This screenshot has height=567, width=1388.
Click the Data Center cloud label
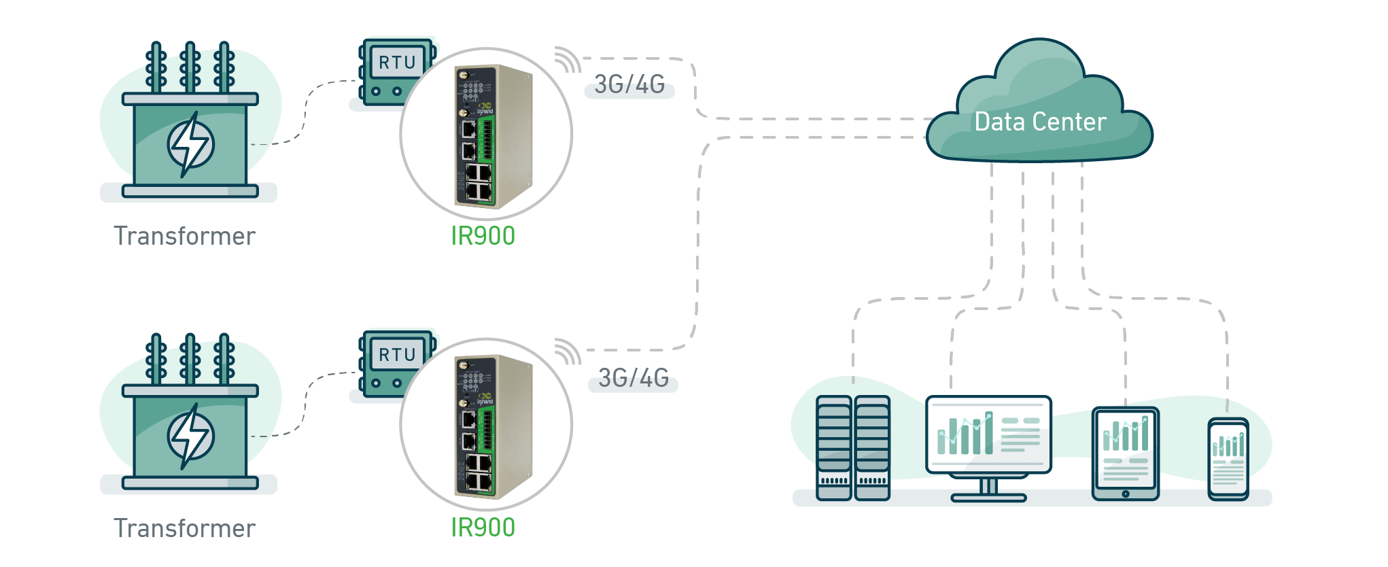click(1040, 122)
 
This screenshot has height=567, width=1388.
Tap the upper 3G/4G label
click(629, 84)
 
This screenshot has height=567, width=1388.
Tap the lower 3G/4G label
click(634, 378)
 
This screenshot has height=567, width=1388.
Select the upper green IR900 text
click(483, 236)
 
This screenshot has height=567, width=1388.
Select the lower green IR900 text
click(483, 528)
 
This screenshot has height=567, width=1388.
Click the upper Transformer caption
click(184, 236)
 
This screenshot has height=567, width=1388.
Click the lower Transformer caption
click(184, 528)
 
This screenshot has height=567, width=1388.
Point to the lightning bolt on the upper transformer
click(190, 143)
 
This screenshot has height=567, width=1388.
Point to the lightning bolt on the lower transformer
click(190, 436)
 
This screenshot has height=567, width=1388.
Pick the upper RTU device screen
click(397, 63)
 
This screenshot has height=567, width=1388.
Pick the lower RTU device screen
click(397, 354)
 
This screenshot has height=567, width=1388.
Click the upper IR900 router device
click(492, 136)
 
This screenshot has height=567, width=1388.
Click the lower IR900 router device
click(492, 427)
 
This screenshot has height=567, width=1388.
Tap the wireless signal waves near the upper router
click(567, 60)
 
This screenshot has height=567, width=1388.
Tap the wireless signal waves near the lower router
click(567, 351)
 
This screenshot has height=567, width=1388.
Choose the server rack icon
click(853, 449)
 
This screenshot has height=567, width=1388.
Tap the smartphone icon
click(1228, 460)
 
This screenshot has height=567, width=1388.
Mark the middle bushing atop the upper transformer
click(190, 67)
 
